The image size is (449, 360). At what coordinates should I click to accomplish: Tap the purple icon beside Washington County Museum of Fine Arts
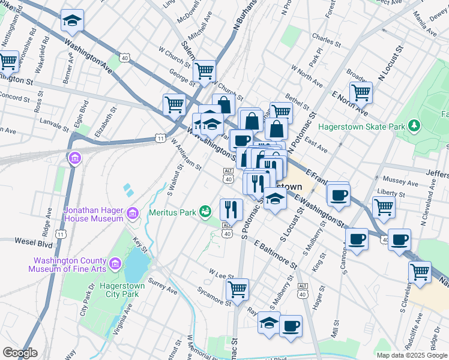pos(116,264)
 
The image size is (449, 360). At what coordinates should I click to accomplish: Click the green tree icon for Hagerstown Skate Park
pos(413,126)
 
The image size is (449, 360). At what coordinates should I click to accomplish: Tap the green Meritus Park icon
pos(206,211)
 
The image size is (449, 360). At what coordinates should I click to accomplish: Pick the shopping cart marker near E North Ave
pos(361,92)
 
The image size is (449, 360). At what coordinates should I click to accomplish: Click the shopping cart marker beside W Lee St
pos(237,289)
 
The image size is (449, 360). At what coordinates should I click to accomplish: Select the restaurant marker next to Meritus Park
pos(231,209)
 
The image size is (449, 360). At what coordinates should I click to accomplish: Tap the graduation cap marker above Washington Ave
pos(72,21)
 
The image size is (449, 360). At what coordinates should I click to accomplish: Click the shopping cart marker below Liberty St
pos(384,207)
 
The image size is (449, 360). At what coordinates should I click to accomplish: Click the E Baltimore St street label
pos(276,255)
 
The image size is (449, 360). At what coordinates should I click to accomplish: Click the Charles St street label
pos(327,43)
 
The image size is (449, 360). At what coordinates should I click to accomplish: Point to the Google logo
pos(20,353)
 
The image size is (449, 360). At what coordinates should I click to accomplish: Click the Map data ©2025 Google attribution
pos(411,355)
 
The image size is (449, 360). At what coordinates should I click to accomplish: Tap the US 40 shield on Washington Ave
pos(124,58)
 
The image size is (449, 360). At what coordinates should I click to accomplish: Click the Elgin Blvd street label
pos(84,113)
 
